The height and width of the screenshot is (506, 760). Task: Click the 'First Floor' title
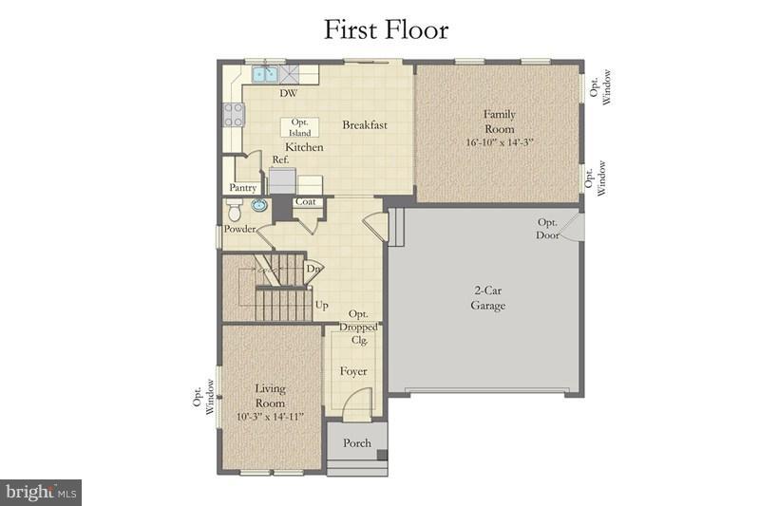[x=386, y=28]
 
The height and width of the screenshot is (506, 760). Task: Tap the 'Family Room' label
[x=499, y=122]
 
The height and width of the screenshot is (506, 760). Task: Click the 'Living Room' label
[x=270, y=395]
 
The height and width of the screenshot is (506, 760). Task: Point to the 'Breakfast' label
[x=365, y=124]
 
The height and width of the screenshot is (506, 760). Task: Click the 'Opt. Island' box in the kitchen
[x=300, y=128]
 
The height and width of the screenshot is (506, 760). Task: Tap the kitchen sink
[x=264, y=73]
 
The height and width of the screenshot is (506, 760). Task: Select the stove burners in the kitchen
[x=232, y=115]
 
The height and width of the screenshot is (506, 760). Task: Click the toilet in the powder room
[x=234, y=211]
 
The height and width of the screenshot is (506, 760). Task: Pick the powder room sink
[x=257, y=205]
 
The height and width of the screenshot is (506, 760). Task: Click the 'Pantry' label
[x=243, y=188]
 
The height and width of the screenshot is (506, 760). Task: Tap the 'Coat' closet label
[x=305, y=201]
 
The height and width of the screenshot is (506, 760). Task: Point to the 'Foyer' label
[x=353, y=371]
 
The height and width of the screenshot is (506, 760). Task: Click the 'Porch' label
[x=357, y=442]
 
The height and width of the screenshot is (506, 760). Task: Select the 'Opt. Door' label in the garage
[x=548, y=228]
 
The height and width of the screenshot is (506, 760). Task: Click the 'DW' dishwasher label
[x=286, y=93]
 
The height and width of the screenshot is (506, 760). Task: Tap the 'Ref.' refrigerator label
[x=280, y=160]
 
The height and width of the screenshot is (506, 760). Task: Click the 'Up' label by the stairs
[x=321, y=306]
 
